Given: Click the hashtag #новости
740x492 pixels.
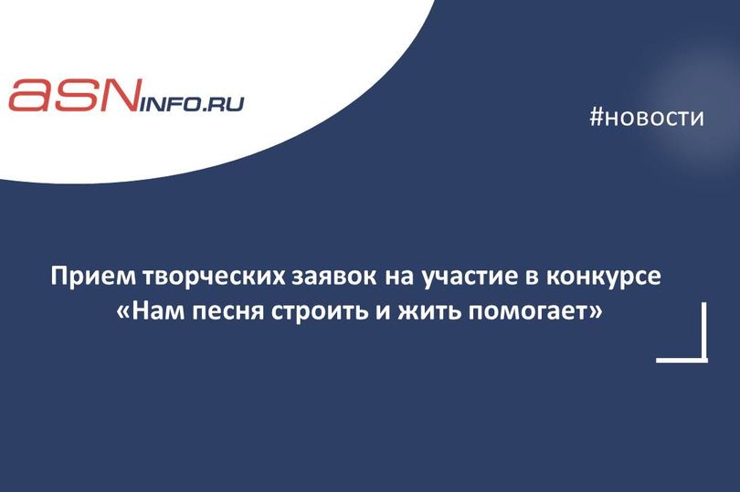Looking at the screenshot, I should coord(647,118).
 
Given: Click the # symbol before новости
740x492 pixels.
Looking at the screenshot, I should coord(597,118).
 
